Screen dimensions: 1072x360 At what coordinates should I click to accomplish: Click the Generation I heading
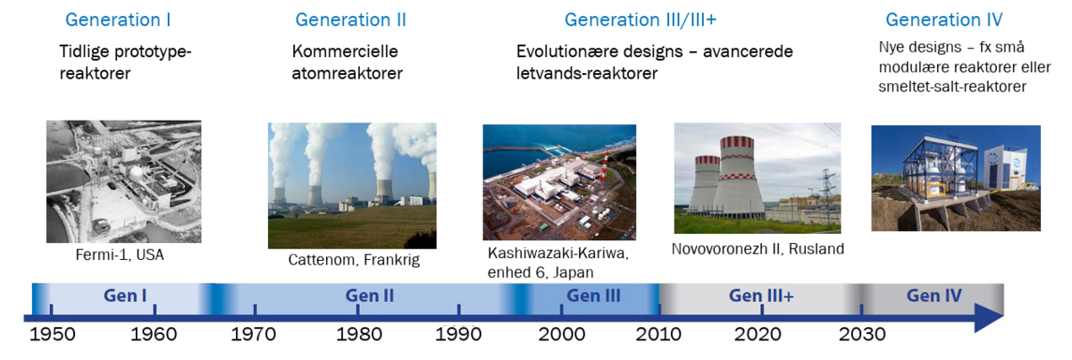(x=118, y=21)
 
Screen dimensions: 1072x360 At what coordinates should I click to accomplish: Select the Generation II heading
(x=351, y=21)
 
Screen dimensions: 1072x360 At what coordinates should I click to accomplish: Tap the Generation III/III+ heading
(x=641, y=21)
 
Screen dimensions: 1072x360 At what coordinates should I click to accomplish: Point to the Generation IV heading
(x=943, y=21)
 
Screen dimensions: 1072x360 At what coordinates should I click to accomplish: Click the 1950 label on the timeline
(x=53, y=334)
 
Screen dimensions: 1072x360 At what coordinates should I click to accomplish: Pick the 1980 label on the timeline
(x=359, y=334)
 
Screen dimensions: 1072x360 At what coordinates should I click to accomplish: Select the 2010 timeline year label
(x=658, y=334)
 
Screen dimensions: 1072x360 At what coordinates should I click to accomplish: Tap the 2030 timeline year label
(x=862, y=334)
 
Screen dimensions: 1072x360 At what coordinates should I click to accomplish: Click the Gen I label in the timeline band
(x=125, y=296)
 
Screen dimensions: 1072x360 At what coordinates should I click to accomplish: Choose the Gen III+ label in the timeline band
(x=761, y=296)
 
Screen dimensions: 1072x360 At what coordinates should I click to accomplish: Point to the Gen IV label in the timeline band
(x=934, y=296)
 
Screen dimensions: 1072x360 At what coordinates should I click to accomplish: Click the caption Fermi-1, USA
(x=120, y=255)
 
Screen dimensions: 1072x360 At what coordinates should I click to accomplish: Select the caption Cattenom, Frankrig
(x=354, y=260)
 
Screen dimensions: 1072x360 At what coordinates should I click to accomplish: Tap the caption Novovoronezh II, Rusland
(x=758, y=249)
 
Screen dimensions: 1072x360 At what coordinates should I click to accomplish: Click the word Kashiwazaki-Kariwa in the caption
(x=558, y=253)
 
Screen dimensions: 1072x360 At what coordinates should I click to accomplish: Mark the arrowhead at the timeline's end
(x=990, y=318)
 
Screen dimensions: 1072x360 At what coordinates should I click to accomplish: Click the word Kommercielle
(x=345, y=51)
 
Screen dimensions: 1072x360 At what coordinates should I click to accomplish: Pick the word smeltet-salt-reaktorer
(x=952, y=87)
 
